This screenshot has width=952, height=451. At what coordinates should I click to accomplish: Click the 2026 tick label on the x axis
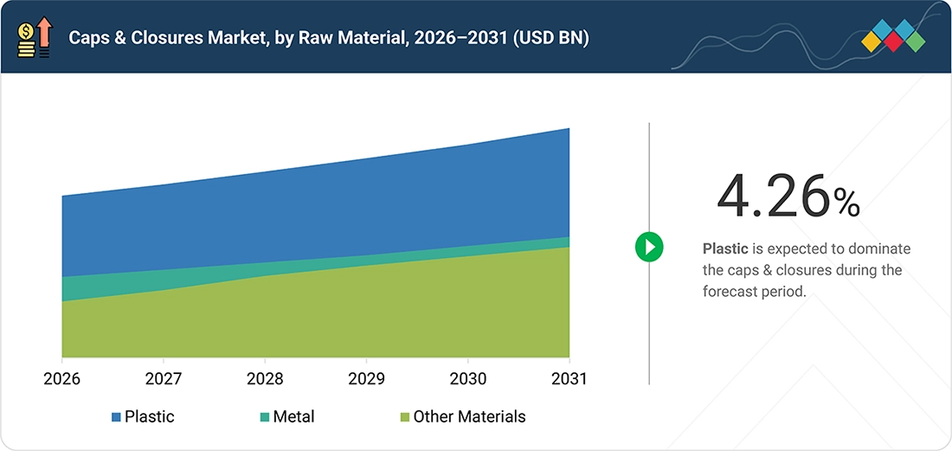(62, 379)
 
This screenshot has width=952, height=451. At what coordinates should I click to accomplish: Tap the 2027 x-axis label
(164, 379)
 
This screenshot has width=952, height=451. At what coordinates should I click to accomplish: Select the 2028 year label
(265, 379)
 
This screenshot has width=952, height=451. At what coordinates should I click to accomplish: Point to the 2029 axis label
(366, 379)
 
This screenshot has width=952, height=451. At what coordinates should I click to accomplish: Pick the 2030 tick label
(467, 379)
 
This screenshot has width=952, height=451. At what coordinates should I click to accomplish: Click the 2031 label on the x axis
(569, 379)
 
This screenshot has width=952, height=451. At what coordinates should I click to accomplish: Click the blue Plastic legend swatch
(117, 417)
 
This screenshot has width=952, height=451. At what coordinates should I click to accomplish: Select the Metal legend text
(294, 417)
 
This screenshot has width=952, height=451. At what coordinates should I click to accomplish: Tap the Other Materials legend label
(469, 417)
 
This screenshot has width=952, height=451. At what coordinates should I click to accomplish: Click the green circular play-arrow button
(649, 247)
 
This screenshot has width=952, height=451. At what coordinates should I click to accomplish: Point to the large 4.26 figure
(772, 197)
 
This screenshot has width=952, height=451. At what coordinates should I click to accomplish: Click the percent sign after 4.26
(846, 203)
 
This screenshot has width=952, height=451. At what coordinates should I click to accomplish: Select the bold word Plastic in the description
(725, 248)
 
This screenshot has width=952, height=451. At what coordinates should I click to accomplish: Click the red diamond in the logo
(893, 42)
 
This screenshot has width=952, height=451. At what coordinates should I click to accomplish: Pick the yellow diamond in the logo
(872, 42)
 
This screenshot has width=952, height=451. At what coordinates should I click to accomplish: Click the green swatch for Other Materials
(406, 417)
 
